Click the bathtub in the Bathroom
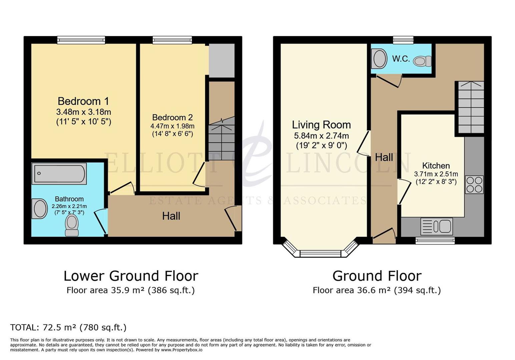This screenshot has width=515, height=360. click(x=59, y=173)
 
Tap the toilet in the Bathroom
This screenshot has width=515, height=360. click(x=72, y=225)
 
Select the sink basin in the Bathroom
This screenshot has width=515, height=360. click(x=40, y=209)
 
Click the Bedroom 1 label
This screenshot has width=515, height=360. click(x=83, y=101)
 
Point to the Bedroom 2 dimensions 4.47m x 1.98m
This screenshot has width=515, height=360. click(x=172, y=126)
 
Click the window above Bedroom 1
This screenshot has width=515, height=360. click(x=81, y=40)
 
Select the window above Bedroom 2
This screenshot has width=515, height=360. click(x=172, y=40)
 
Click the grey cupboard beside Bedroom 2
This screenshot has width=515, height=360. click(x=221, y=60)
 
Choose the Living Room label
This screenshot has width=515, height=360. click(x=321, y=125)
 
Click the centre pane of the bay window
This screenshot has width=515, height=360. click(x=321, y=254)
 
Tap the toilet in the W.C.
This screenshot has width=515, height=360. click(x=423, y=61)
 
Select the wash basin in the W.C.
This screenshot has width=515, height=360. click(x=380, y=59)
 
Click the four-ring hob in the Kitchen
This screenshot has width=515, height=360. click(x=474, y=185)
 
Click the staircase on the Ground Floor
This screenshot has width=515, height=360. click(x=471, y=107)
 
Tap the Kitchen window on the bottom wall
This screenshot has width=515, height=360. click(x=435, y=240)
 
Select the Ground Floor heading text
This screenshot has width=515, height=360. click(x=377, y=276)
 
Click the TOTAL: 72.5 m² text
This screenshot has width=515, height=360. click(x=68, y=327)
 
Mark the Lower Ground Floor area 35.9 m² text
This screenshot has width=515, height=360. click(x=130, y=290)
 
